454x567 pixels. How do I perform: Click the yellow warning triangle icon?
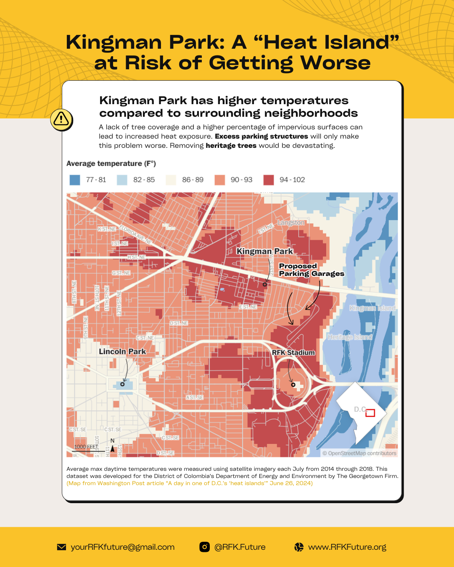click(61, 119)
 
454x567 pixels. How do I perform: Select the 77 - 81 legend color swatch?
click(75, 180)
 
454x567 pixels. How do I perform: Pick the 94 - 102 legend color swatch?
click(269, 180)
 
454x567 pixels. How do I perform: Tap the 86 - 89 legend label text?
click(193, 180)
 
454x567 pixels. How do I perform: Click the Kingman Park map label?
click(264, 251)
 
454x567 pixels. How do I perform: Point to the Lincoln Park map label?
click(122, 352)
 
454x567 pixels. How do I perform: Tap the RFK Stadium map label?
click(293, 352)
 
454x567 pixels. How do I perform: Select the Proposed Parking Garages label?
click(311, 270)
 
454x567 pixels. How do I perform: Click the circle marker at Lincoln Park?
click(123, 384)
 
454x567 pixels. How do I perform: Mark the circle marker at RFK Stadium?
click(293, 384)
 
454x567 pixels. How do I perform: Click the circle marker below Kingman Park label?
click(265, 284)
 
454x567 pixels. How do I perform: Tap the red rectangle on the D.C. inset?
click(370, 413)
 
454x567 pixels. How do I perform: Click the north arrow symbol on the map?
click(112, 448)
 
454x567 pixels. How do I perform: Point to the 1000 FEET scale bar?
click(86, 449)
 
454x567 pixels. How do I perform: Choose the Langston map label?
click(291, 223)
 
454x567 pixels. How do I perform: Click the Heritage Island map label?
click(350, 337)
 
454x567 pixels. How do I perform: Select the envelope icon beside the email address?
click(61, 547)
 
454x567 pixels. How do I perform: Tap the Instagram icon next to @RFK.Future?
click(205, 547)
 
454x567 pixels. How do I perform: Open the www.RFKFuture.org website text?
click(347, 547)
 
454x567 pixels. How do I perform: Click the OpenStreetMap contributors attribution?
click(359, 453)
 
